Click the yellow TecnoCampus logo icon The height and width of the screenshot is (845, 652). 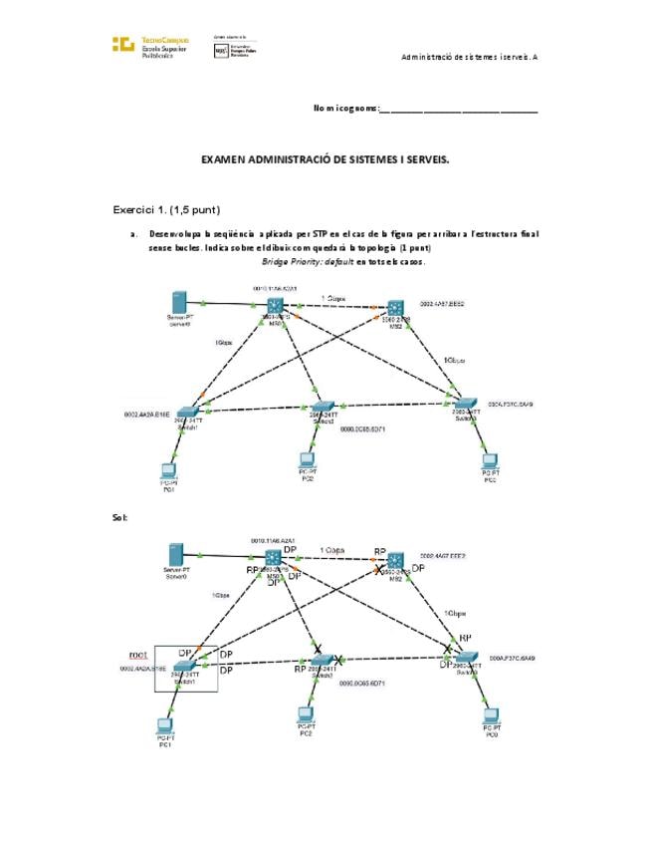[x=123, y=44]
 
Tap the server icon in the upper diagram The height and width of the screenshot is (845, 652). [x=180, y=302]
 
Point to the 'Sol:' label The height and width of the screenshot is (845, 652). [x=120, y=518]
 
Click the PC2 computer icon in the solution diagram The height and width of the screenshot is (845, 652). [x=307, y=714]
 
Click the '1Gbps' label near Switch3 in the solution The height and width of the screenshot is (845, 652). [x=457, y=613]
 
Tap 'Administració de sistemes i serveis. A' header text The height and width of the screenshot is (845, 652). [x=469, y=57]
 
